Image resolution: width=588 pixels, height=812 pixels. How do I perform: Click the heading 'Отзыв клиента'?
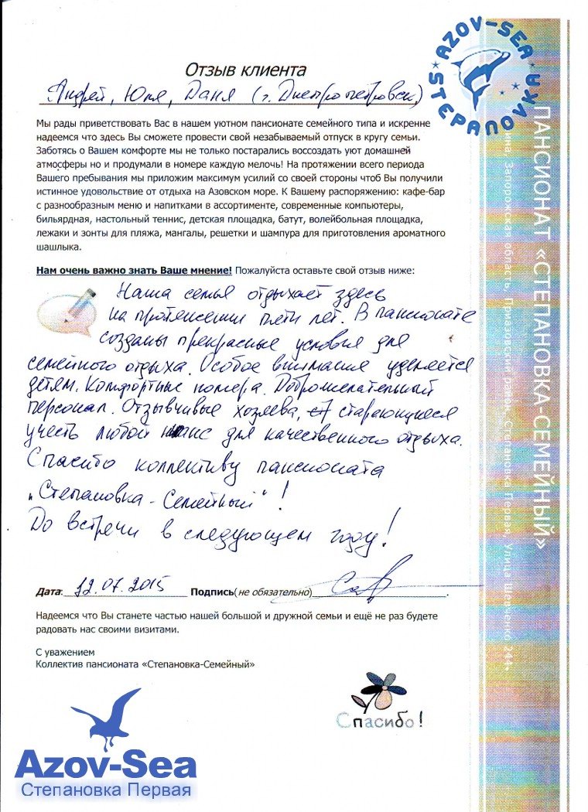point(245,72)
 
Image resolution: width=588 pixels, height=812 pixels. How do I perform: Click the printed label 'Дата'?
point(49,592)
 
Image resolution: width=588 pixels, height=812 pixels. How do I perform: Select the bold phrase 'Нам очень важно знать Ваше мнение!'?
point(134,271)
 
